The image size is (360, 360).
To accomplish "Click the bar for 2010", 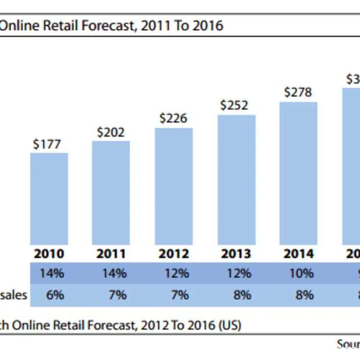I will (49, 199).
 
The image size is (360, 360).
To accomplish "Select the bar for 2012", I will (174, 186).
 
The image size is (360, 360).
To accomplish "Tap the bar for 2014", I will (298, 173).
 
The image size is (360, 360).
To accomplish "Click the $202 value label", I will (111, 132).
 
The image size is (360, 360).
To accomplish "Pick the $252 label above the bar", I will (234, 106).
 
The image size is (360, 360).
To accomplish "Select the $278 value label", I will (298, 92).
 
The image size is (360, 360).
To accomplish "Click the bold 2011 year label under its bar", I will (111, 254).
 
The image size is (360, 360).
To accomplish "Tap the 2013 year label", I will (236, 254).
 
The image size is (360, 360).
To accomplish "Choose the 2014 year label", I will (298, 254).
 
